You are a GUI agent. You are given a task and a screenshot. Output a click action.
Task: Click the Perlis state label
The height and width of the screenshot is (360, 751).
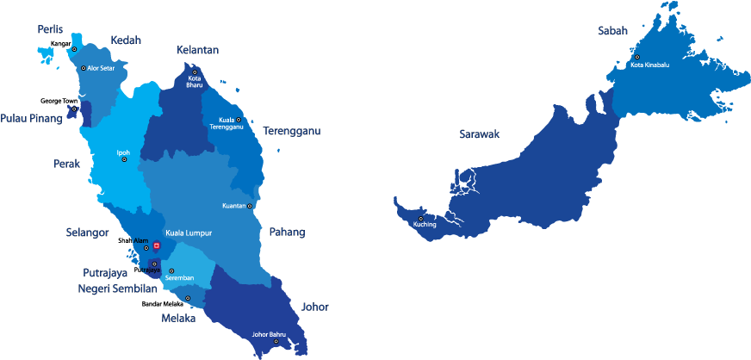coord(50,29)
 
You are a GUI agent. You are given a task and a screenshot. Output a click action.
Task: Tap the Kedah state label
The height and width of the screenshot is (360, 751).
coord(126,40)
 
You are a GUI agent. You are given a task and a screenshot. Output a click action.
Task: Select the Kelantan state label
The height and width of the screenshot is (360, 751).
coord(197,50)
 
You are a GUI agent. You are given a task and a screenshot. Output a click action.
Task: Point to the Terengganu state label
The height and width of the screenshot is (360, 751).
coord(292,131)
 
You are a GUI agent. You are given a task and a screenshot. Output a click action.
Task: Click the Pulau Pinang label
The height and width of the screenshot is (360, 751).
coord(31,118)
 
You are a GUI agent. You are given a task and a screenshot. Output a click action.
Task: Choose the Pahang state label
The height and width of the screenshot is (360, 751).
coord(287,232)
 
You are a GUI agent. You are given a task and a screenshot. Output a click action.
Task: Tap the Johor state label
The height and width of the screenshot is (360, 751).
coord(314,307)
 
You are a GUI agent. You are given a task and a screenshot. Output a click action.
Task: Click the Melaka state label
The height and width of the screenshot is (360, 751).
coord(178,318)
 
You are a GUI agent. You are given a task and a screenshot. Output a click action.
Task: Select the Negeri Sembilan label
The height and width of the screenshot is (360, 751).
coord(117,289)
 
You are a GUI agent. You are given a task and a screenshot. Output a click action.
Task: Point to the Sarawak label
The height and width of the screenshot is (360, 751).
coord(479,133)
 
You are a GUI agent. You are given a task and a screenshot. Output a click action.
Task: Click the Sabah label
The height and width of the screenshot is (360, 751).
coord(612,31)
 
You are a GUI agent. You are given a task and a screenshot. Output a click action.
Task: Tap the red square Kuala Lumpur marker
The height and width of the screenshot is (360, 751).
coord(156,245)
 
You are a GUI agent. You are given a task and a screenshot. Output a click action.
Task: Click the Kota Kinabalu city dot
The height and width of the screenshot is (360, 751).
coord(637,58)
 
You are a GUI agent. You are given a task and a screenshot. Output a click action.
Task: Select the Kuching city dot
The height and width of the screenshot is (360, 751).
coord(420,218)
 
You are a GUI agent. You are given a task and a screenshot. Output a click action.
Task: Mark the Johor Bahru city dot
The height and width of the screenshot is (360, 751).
coord(276,341)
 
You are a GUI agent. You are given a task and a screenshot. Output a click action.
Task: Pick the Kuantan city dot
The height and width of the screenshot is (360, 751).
coord(250,206)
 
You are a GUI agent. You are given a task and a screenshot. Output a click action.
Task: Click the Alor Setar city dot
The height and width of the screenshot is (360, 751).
coord(84,68)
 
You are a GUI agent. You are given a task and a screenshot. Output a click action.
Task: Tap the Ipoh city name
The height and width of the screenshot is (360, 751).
coord(123,153)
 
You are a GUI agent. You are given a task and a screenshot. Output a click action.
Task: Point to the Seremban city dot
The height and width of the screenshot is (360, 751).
coord(171,270)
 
